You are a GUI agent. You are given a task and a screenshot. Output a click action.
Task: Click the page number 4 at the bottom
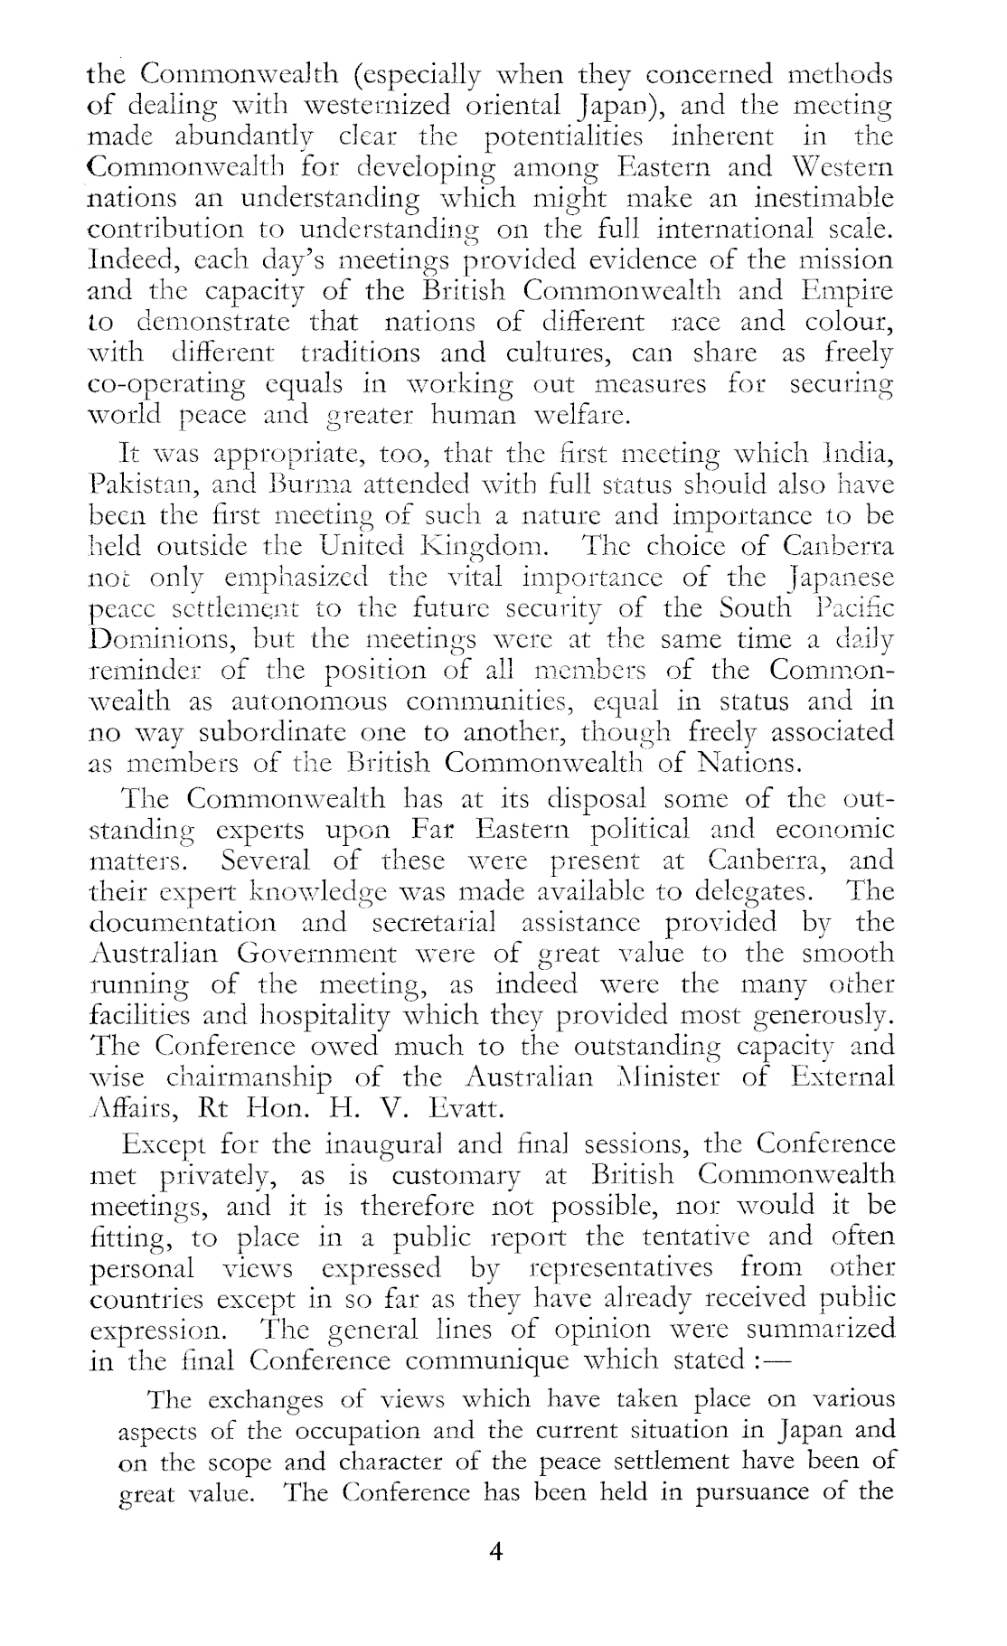[494, 1552]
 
